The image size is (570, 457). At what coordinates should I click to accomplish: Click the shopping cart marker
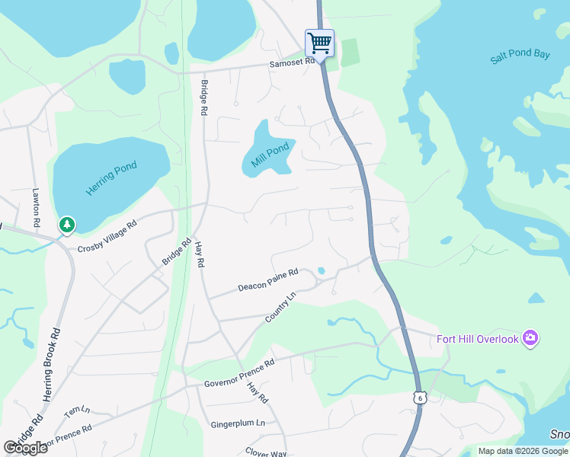pyautogui.click(x=319, y=42)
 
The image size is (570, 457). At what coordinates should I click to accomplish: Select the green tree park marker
pyautogui.click(x=68, y=224)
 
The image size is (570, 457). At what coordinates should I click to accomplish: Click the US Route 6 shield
pyautogui.click(x=420, y=398)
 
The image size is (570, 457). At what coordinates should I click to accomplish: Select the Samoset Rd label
pyautogui.click(x=292, y=64)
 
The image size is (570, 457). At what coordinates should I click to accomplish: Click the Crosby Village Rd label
pyautogui.click(x=107, y=236)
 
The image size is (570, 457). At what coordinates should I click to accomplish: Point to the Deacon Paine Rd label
pyautogui.click(x=267, y=280)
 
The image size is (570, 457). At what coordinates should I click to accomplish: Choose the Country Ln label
pyautogui.click(x=280, y=307)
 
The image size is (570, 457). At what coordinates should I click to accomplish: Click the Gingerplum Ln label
pyautogui.click(x=239, y=423)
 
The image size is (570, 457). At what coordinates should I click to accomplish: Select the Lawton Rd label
pyautogui.click(x=36, y=206)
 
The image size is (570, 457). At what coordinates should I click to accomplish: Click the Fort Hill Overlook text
pyautogui.click(x=477, y=339)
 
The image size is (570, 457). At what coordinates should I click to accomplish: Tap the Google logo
pyautogui.click(x=25, y=448)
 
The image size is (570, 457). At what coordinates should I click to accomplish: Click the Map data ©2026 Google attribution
pyautogui.click(x=522, y=451)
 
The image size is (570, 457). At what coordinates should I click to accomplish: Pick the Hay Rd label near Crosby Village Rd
pyautogui.click(x=200, y=254)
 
